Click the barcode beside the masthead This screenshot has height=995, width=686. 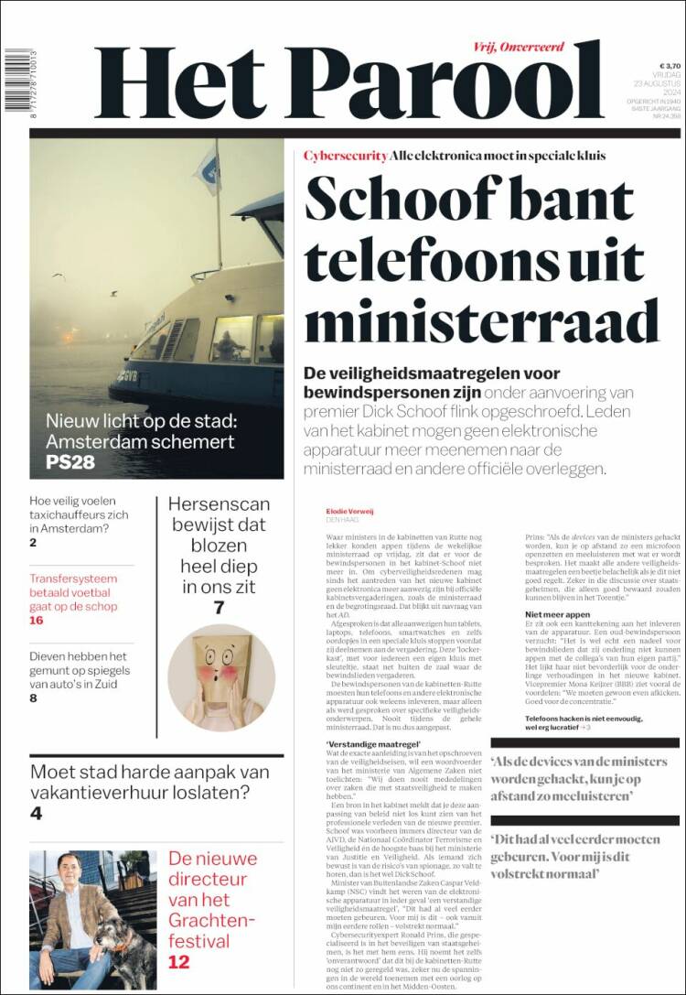pyautogui.click(x=15, y=81)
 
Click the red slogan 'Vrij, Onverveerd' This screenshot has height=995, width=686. pyautogui.click(x=519, y=47)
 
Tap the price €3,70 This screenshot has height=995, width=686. pyautogui.click(x=670, y=66)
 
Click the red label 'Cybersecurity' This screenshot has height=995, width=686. pyautogui.click(x=345, y=156)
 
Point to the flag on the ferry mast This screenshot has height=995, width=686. pyautogui.click(x=209, y=169)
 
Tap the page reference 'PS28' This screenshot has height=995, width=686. pyautogui.click(x=70, y=462)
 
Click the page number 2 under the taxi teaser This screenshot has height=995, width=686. pyautogui.click(x=33, y=543)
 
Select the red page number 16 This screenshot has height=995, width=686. pyautogui.click(x=37, y=621)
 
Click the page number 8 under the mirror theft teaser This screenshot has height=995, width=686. pyautogui.click(x=33, y=698)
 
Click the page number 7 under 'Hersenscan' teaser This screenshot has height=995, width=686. pyautogui.click(x=219, y=608)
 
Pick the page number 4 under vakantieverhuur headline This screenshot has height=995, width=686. pyautogui.click(x=36, y=814)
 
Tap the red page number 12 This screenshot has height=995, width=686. pyautogui.click(x=179, y=961)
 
